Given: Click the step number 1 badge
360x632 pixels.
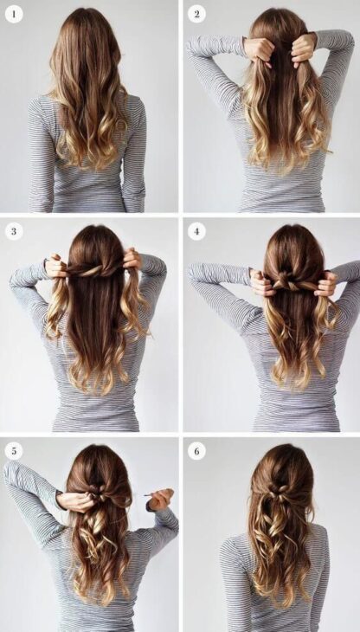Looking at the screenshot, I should click(x=14, y=14).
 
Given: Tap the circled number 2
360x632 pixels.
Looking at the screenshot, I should click(x=196, y=14).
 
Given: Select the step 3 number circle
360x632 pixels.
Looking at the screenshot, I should click(x=14, y=231).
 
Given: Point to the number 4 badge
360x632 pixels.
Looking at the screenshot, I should click(x=196, y=231).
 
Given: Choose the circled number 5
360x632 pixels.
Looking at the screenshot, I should click(x=14, y=450).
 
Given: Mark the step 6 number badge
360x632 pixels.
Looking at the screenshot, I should click(x=196, y=450).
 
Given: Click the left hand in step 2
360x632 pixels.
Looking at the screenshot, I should click(x=259, y=50).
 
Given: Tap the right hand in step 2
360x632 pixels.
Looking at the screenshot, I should click(x=303, y=49).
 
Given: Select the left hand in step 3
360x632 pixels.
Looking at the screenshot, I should click(x=56, y=266).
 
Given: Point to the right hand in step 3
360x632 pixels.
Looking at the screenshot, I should click(x=132, y=260).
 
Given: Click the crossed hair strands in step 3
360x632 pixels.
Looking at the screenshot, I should click(x=93, y=270).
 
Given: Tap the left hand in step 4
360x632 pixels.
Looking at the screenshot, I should click(x=260, y=281).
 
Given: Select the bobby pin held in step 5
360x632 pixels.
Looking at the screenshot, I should click(x=149, y=495).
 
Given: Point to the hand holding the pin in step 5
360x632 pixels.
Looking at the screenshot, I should click(x=162, y=500).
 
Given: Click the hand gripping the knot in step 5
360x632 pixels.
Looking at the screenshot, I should click(x=78, y=500).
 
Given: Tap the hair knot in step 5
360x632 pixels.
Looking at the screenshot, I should click(x=100, y=500).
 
